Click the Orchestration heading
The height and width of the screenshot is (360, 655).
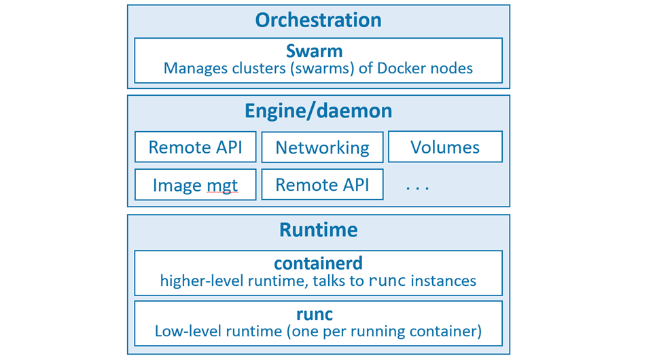pos(318,20)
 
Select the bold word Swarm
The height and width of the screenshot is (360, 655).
pos(318,51)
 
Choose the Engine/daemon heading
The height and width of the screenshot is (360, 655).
pos(318,111)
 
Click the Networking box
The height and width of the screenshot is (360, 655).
pos(322,147)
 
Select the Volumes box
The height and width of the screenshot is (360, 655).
pos(445,147)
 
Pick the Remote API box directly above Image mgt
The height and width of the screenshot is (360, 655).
pos(195,147)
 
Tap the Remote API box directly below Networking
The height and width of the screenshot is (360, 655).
pos(322,185)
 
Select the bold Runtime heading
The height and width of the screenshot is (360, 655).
pos(318,230)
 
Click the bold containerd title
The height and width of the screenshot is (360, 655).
pos(318,263)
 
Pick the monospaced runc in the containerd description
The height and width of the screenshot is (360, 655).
pos(387,281)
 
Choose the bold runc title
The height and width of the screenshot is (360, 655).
pos(318,314)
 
